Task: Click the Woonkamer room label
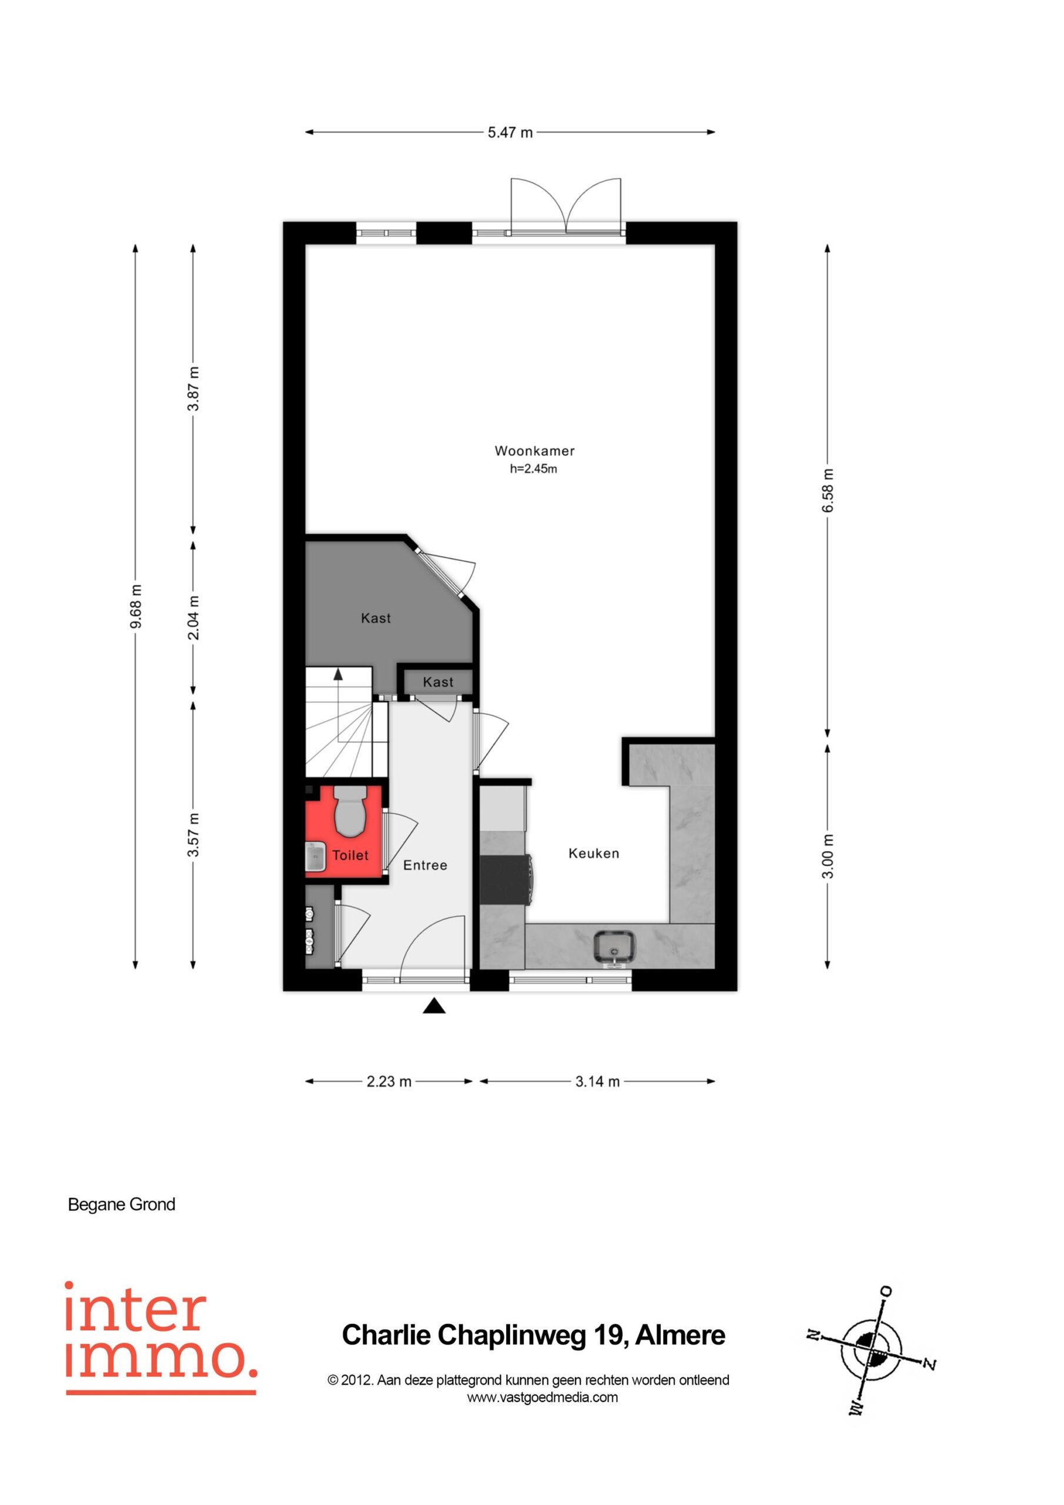(534, 451)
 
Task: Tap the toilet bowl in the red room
(350, 811)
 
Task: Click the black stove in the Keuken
(506, 879)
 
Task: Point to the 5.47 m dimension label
(510, 132)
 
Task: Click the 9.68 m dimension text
(136, 606)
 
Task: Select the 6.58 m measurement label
(828, 491)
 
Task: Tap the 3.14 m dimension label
(597, 1082)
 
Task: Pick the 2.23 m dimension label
(389, 1082)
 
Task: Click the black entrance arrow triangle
(434, 1006)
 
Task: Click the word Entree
(426, 865)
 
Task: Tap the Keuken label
(594, 854)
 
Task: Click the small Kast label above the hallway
(438, 683)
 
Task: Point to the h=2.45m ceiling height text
(534, 469)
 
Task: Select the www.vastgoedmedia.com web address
(542, 1397)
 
